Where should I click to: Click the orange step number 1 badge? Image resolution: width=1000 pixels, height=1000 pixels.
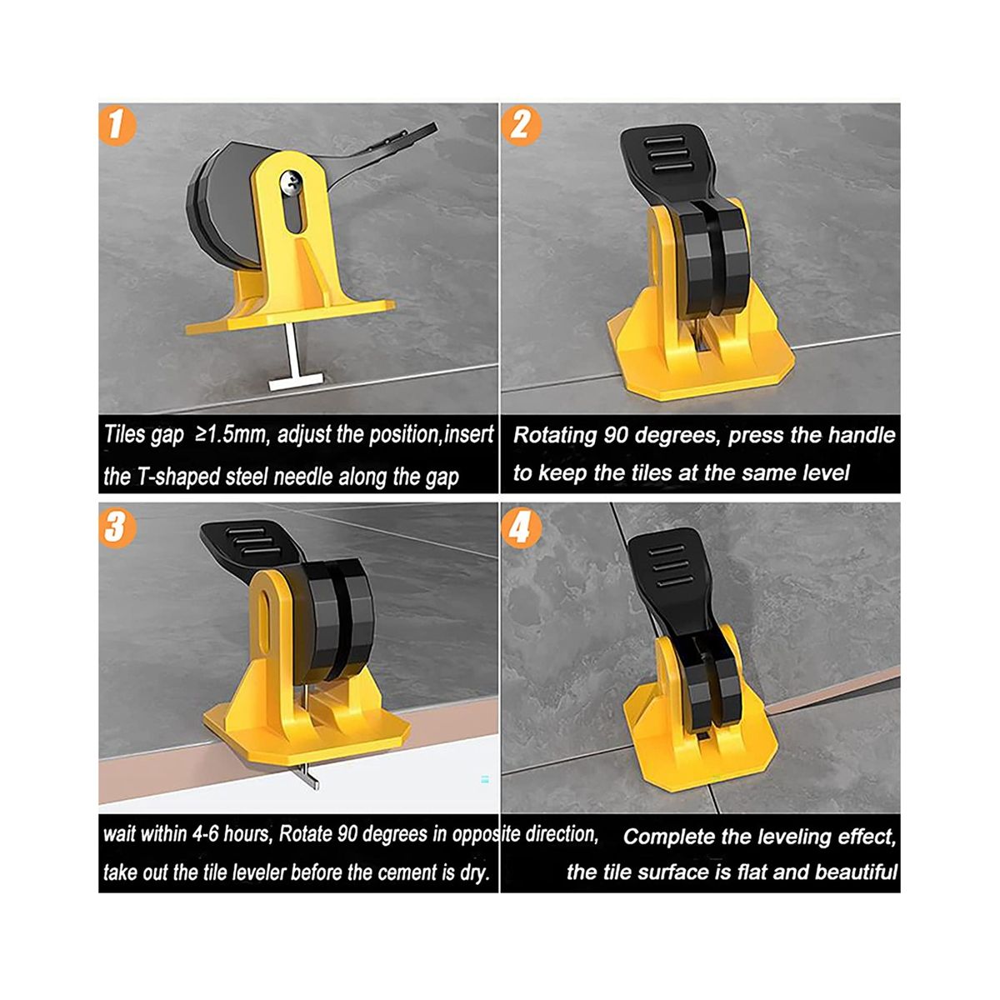click(x=117, y=126)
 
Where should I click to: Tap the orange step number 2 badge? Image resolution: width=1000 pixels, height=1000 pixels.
click(x=521, y=125)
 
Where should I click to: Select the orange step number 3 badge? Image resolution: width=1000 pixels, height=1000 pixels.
click(x=117, y=529)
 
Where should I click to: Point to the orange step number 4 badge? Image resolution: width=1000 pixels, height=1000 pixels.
click(x=521, y=529)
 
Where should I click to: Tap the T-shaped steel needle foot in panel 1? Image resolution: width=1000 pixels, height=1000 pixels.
click(x=295, y=383)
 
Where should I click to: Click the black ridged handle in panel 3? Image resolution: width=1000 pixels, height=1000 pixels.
click(x=248, y=547)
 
